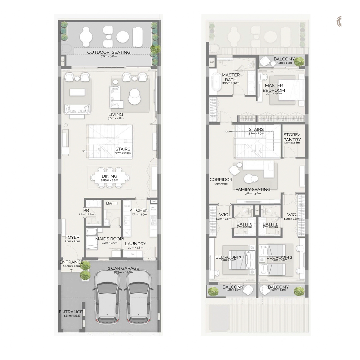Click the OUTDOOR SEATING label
tap(109, 52)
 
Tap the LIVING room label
tap(116, 114)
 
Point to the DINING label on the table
tap(109, 176)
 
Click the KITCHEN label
tap(139, 210)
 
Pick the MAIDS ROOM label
tap(109, 239)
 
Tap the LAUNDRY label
tap(136, 244)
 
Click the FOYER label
tap(72, 237)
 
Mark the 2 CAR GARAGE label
tap(123, 268)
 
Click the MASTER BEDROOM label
tap(274, 88)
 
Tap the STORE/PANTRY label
tap(292, 137)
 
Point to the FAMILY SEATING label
tap(253, 190)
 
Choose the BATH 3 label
tap(244, 224)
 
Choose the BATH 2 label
tap(270, 224)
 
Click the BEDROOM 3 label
tap(228, 257)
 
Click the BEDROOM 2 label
tap(279, 257)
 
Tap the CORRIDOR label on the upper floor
tap(221, 179)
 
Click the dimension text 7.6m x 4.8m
tap(116, 118)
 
